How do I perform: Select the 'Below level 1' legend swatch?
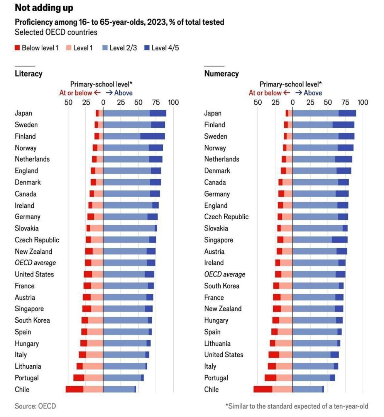coord(17,48)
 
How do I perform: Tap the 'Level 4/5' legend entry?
coord(165,48)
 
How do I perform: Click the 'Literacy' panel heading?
coord(29,73)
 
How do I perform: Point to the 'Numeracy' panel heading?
coord(222,73)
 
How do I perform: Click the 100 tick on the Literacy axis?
coord(173,102)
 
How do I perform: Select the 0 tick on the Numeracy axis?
coord(293,102)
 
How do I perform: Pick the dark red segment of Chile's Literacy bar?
coord(74,389)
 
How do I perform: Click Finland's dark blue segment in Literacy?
coord(152,136)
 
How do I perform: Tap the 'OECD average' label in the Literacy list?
coord(35,263)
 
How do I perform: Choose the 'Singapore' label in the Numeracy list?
coord(218,240)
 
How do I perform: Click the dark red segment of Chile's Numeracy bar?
coord(263,389)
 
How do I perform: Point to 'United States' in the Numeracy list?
coord(224,354)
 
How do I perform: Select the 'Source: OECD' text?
coord(35,406)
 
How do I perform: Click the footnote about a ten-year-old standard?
coord(296,406)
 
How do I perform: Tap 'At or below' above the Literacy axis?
coord(76,93)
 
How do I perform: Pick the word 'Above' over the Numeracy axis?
coord(313,93)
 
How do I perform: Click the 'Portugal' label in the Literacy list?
coord(27,378)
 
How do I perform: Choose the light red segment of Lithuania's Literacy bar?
coord(93,366)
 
